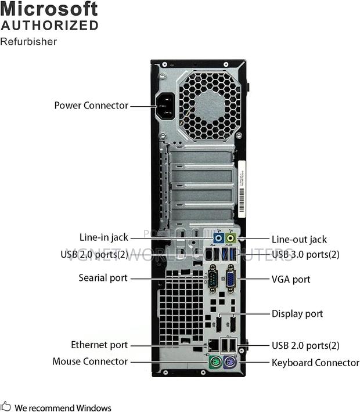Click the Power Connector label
click(91, 106)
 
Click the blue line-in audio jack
click(219, 238)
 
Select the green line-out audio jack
click(231, 238)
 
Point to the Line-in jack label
click(103, 237)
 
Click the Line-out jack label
click(299, 239)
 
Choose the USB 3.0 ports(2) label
click(305, 254)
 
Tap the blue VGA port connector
click(231, 279)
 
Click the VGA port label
click(291, 279)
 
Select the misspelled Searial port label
click(103, 278)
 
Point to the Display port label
click(297, 314)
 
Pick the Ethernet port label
click(99, 345)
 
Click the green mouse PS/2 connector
click(214, 364)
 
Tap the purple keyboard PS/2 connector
click(229, 364)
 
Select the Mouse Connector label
click(90, 362)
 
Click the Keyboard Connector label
click(315, 363)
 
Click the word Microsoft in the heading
click(49, 9)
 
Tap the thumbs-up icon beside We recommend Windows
click(6, 407)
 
